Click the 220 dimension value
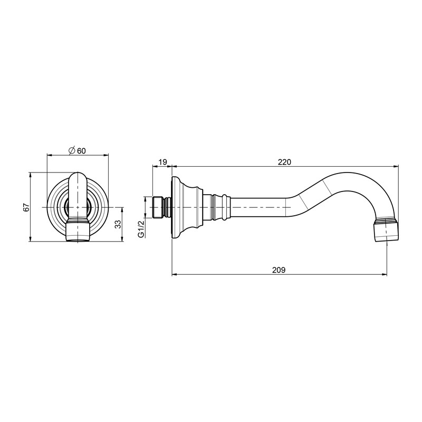284,162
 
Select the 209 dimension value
279,270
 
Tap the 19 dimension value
162,162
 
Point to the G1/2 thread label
141,229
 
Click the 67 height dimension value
26,208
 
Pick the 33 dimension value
118,225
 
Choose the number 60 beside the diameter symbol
81,151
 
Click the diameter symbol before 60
72,151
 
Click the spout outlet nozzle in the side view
386,230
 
